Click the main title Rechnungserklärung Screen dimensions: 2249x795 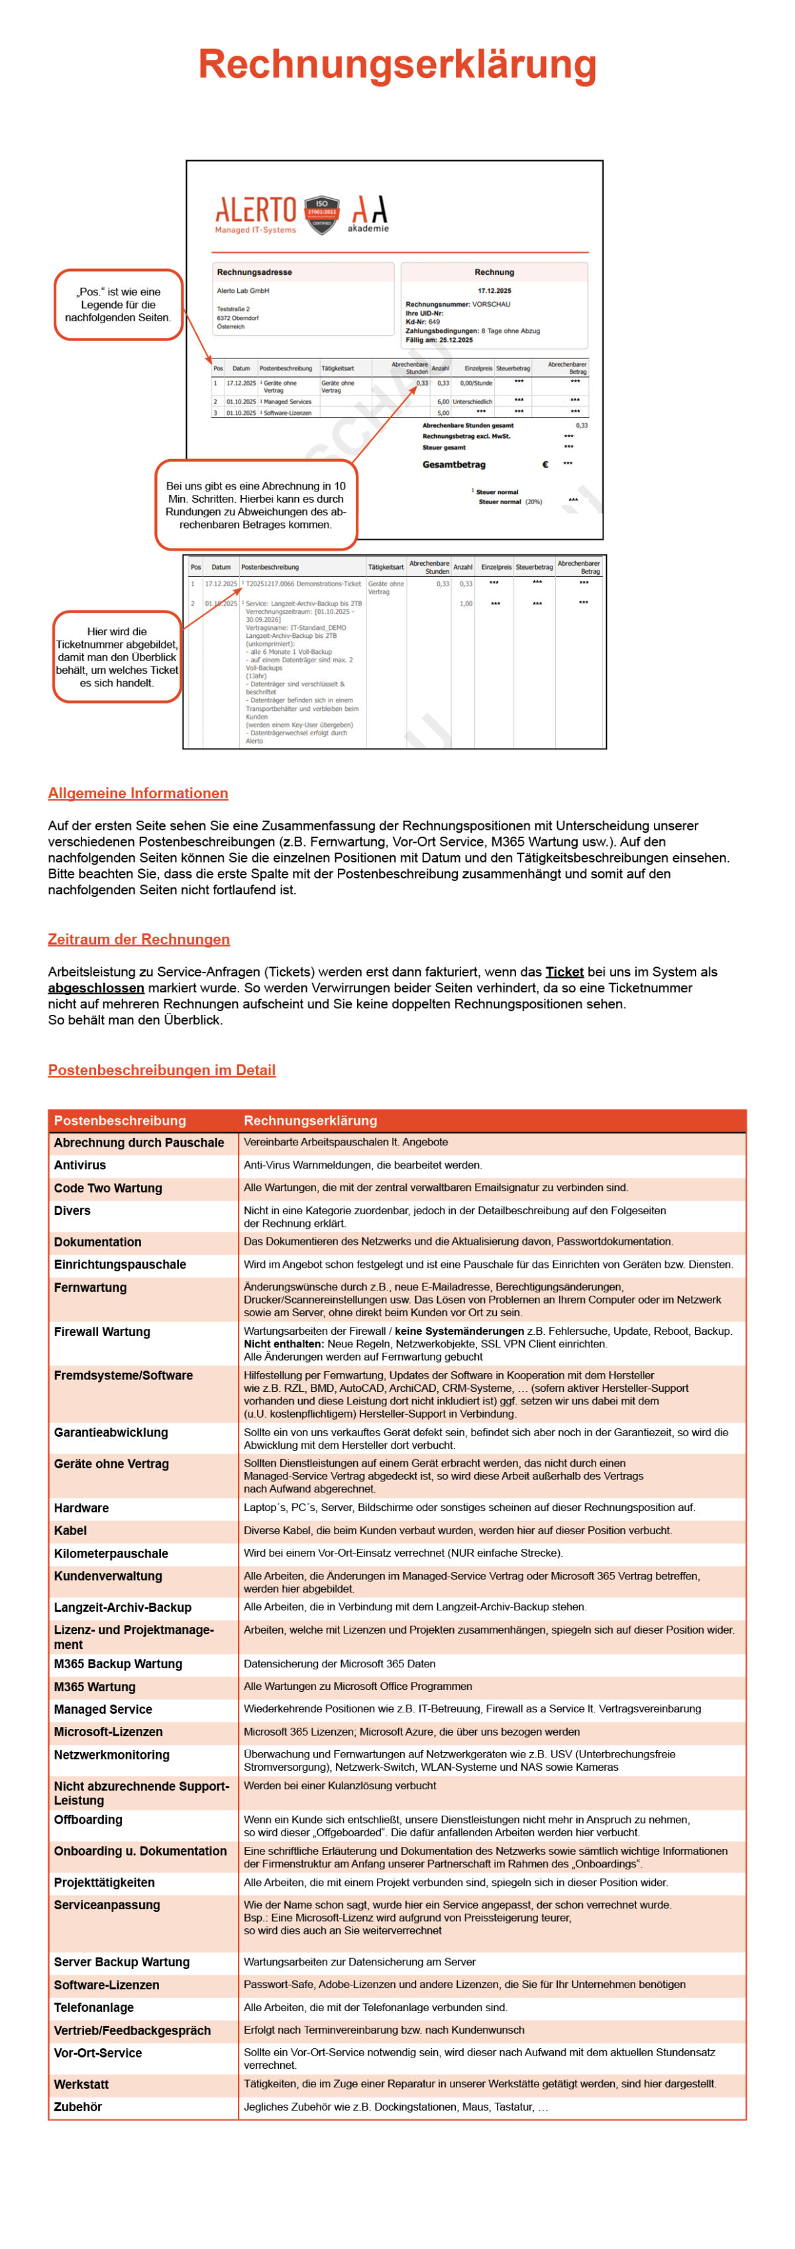(x=397, y=65)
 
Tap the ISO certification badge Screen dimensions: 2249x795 (x=321, y=214)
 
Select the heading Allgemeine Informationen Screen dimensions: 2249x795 (x=138, y=793)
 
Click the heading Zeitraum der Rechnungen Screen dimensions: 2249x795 (x=138, y=939)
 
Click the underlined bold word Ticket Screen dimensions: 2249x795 (x=564, y=972)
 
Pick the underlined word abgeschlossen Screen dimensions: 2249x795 (x=96, y=988)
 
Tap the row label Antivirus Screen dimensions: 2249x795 (x=79, y=1165)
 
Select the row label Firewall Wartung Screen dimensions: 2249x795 (x=101, y=1332)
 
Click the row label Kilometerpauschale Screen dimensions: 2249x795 (x=111, y=1553)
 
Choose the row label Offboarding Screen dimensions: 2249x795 (x=88, y=1820)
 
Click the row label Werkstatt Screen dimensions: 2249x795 (x=81, y=2084)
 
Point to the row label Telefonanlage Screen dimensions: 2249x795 (x=93, y=2007)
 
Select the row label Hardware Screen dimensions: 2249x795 (x=81, y=1508)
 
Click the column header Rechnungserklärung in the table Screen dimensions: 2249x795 (x=310, y=1120)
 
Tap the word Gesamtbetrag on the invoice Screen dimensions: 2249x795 (x=454, y=464)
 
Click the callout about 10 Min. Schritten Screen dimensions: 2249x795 (x=256, y=505)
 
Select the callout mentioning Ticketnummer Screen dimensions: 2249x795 (x=117, y=656)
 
